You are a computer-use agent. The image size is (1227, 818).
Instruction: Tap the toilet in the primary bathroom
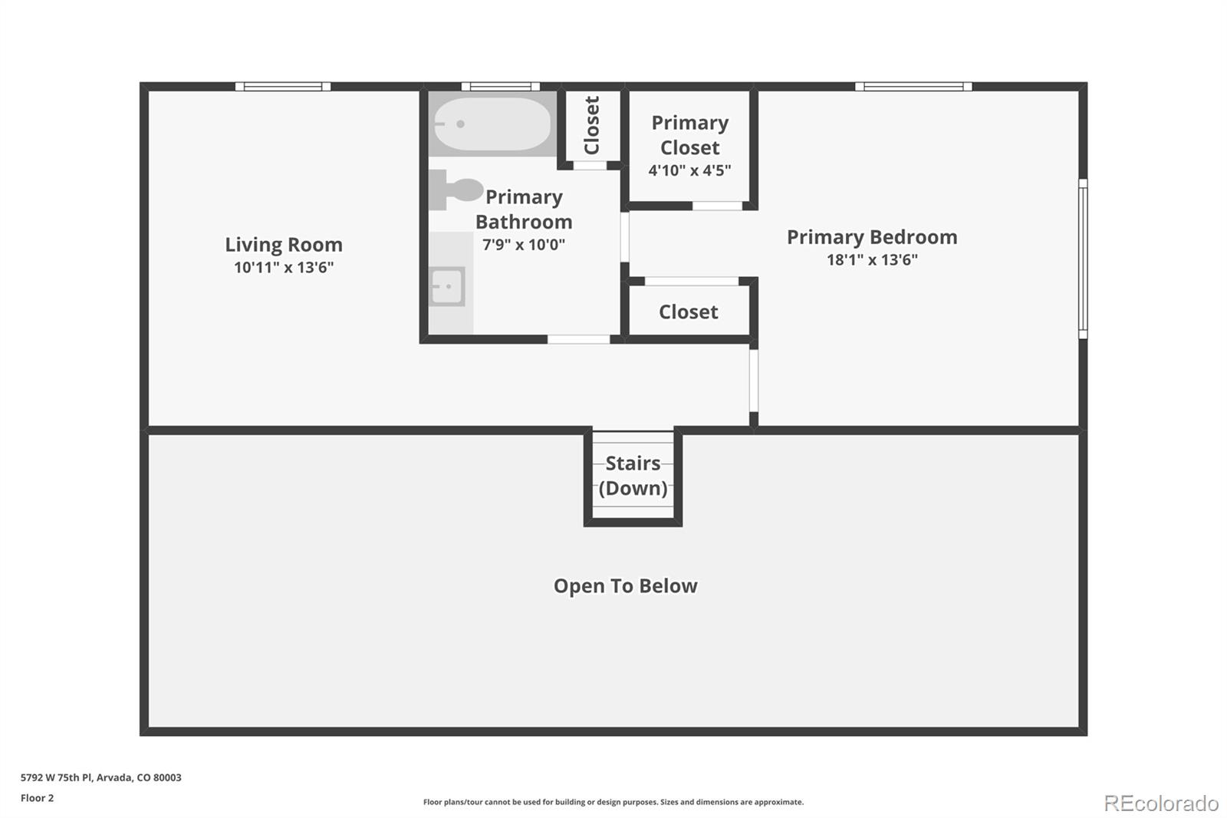(x=457, y=190)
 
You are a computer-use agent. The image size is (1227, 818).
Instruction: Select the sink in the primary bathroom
(x=447, y=287)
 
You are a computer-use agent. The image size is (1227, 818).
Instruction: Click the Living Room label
(x=284, y=245)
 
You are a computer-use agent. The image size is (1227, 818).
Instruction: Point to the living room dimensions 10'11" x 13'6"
(x=284, y=267)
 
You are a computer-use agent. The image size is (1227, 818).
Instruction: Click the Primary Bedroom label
(x=872, y=237)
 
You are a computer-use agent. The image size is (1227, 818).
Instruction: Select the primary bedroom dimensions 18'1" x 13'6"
(x=872, y=259)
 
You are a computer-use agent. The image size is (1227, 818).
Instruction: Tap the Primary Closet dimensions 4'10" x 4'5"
(x=689, y=170)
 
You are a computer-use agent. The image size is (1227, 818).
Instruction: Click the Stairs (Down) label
(x=633, y=476)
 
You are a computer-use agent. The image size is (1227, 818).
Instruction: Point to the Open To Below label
(x=626, y=586)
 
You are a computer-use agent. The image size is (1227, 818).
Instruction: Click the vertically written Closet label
(x=591, y=125)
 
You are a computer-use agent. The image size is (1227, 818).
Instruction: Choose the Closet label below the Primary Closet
(x=688, y=312)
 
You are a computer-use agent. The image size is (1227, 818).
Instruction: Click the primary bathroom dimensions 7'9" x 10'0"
(x=524, y=245)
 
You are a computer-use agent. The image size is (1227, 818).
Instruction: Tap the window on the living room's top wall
(x=283, y=87)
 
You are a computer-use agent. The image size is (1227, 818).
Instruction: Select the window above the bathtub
(x=500, y=87)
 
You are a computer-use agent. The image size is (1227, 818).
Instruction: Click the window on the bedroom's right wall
(x=1083, y=259)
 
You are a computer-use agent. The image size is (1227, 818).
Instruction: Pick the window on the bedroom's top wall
(x=913, y=87)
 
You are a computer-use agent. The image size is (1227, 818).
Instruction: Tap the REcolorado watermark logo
(x=1161, y=803)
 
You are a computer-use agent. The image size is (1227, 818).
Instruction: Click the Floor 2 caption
(x=38, y=798)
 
